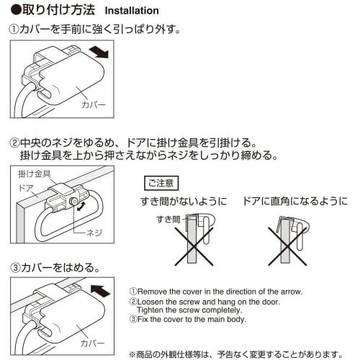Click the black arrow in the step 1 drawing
tap(100, 52)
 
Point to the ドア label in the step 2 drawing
tap(26, 186)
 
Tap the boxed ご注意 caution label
tap(161, 182)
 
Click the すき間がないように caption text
tap(183, 202)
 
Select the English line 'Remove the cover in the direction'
tap(215, 292)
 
